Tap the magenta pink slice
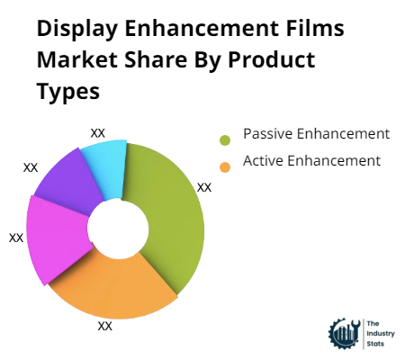pos(54,238)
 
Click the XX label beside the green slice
pos(204,187)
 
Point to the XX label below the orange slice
pos(104,326)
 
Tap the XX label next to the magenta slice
pos(16,238)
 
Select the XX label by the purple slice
pos(31,167)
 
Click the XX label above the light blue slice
pos(98,133)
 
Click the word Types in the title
pos(69,93)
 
